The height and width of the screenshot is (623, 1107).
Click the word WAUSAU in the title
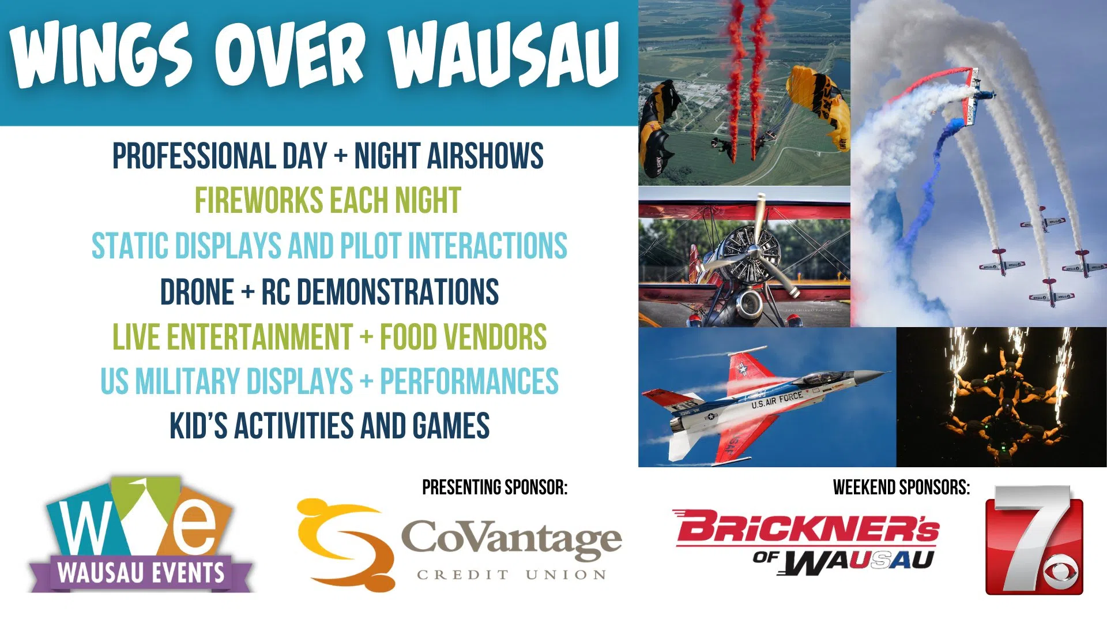504,56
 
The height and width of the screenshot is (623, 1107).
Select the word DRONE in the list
197,291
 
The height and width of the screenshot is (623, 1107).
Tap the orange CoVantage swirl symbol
345,545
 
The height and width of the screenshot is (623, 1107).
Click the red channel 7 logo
1034,540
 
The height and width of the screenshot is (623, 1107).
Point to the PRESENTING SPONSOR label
495,487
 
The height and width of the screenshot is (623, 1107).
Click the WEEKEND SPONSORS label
901,487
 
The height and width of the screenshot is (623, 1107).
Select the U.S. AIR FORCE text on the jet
777,399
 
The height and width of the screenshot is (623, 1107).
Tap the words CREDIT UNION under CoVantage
511,575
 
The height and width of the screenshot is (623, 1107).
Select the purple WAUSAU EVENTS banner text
141,573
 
